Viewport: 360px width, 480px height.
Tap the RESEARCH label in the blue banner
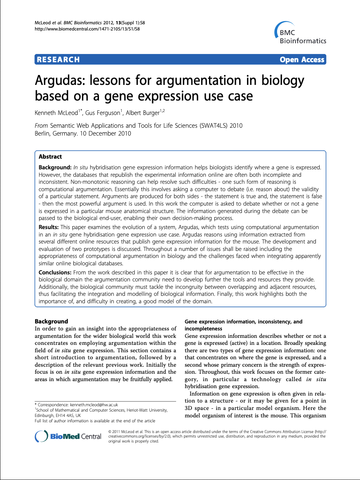(58, 60)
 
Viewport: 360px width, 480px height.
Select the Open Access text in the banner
(302, 60)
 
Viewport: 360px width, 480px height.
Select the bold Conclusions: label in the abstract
(55, 272)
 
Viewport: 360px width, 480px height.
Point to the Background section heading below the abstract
(51, 321)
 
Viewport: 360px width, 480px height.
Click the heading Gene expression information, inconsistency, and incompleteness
(243, 325)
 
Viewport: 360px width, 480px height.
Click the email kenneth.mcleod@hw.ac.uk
(88, 405)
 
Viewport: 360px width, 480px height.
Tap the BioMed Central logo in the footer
(68, 436)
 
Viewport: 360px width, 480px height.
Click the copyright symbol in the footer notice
(110, 431)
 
